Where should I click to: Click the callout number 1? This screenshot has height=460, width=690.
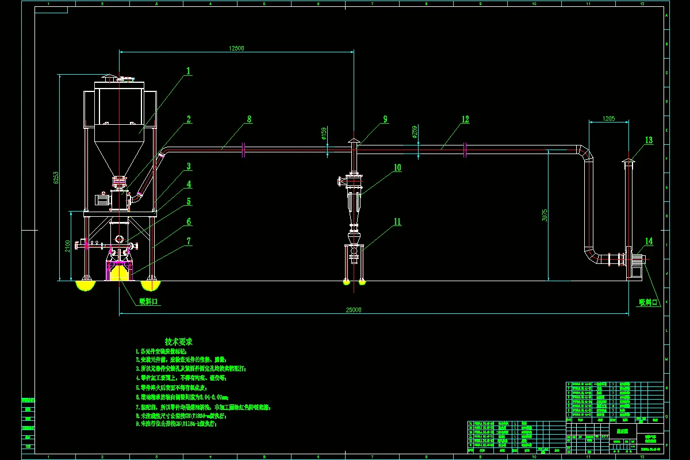pos(188,71)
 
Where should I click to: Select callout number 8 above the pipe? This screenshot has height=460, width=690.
pos(249,120)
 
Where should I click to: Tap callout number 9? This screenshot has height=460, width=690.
pos(385,120)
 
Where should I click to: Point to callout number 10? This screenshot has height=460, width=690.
pos(397,168)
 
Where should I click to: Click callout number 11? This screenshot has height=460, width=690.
pos(397,222)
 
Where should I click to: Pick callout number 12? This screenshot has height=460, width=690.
pos(465,120)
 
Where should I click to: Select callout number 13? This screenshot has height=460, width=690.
pos(649,140)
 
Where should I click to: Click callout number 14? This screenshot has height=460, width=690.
pos(649,241)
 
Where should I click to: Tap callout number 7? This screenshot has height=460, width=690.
pos(188,241)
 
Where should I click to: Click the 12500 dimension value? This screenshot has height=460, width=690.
pos(236,48)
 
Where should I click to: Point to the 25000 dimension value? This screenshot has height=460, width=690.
pos(353,310)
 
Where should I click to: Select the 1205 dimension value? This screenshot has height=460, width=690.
pos(608,118)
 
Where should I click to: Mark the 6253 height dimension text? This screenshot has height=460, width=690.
pos(56,178)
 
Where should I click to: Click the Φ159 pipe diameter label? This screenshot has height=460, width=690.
pos(324,134)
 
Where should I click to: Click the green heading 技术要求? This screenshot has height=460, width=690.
pos(182,341)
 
